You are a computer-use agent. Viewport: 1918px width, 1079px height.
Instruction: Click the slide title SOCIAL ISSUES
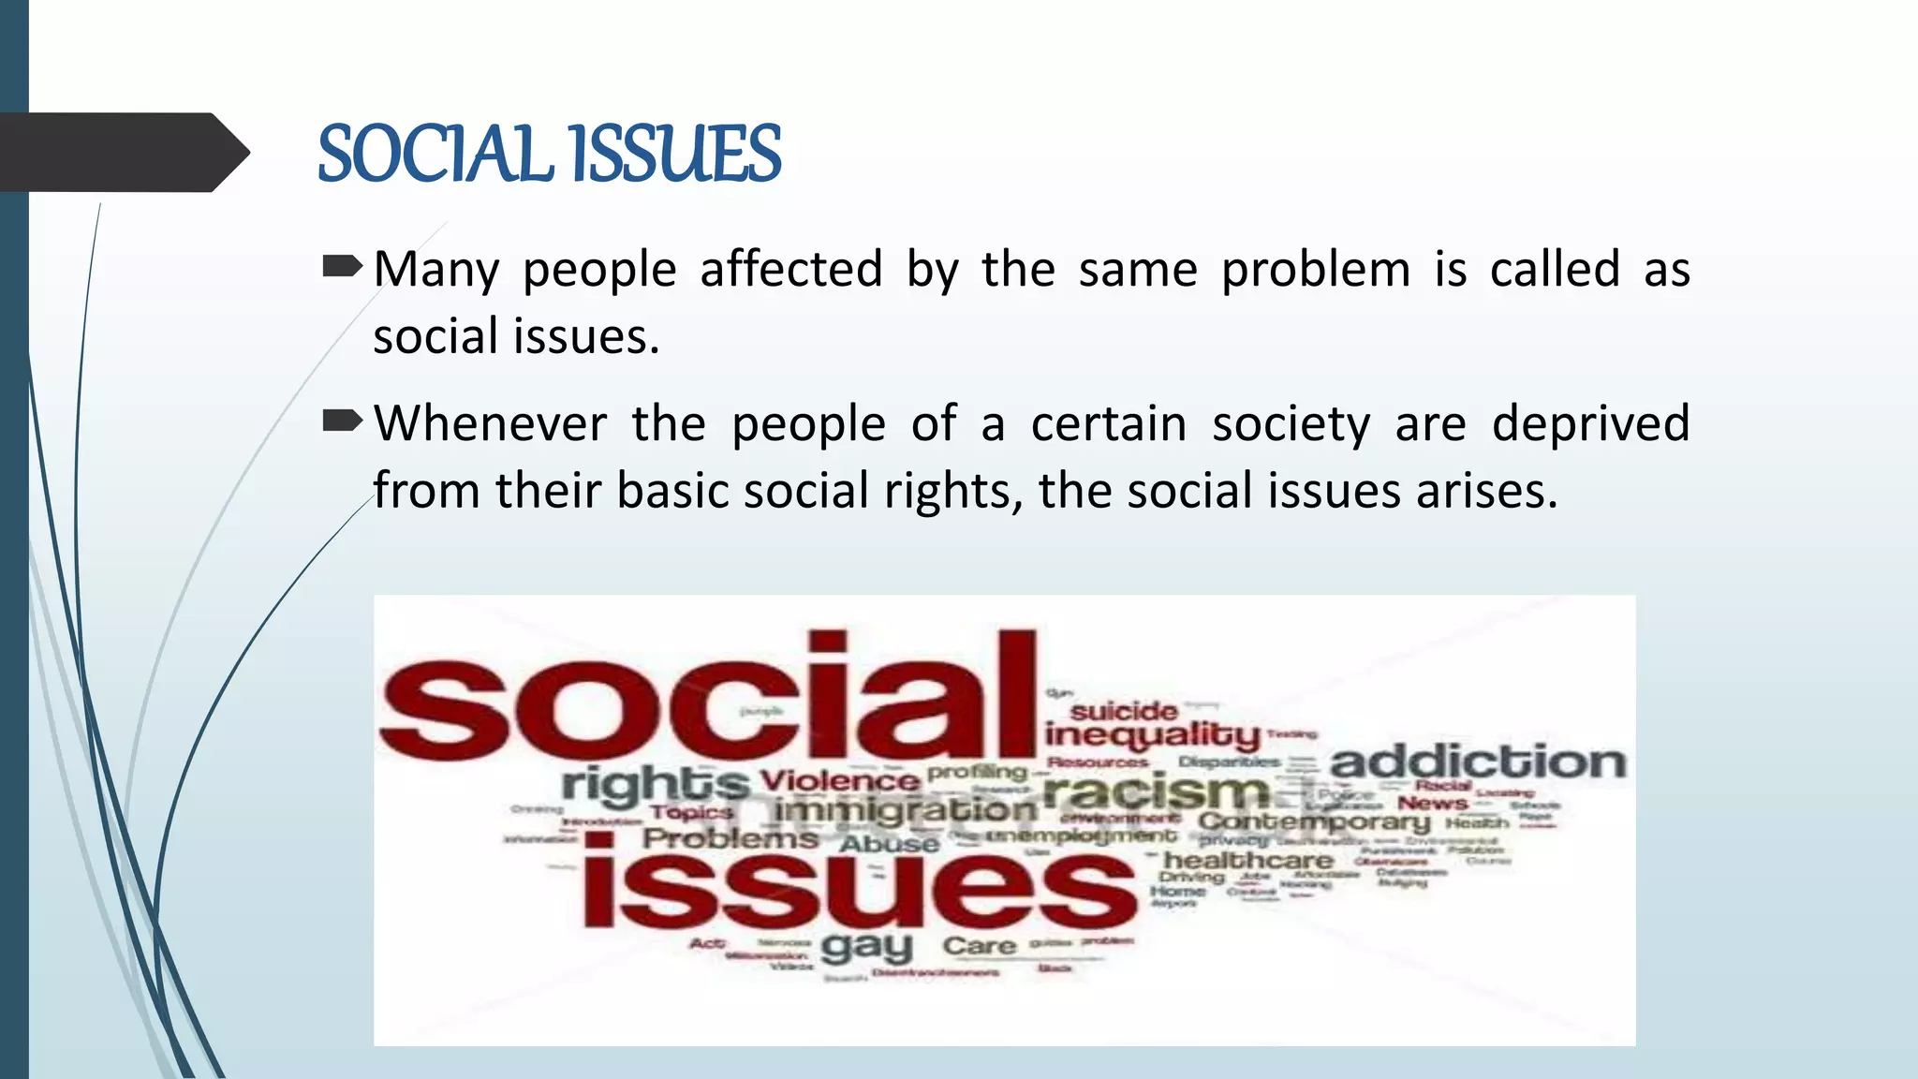pos(549,154)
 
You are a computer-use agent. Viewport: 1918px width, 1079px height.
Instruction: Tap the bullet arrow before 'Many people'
pos(342,269)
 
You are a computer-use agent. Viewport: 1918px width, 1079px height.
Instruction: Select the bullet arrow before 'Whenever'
pos(342,422)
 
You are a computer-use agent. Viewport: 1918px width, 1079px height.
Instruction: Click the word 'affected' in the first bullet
pos(791,270)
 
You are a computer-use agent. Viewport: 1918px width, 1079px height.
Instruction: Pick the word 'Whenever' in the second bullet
pos(491,423)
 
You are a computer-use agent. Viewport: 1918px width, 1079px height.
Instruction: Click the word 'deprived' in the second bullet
pos(1590,424)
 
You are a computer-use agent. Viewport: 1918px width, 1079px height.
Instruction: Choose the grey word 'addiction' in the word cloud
pos(1478,762)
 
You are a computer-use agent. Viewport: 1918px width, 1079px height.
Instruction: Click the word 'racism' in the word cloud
pos(1157,793)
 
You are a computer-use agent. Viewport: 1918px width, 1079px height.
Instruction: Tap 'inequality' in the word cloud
pos(1153,736)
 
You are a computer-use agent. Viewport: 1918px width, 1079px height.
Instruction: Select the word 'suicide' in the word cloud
pos(1124,711)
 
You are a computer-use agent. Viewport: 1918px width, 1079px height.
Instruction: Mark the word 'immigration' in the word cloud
pos(906,810)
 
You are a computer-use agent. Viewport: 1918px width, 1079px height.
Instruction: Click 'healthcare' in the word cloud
pos(1248,860)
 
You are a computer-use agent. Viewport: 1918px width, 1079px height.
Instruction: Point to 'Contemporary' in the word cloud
pos(1314,822)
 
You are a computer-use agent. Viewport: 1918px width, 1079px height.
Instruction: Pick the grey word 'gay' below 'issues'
pos(866,948)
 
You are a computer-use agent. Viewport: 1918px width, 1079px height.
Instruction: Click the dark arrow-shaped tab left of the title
pos(122,153)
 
